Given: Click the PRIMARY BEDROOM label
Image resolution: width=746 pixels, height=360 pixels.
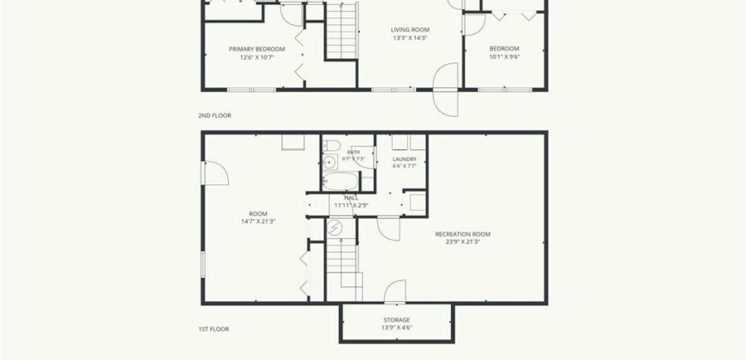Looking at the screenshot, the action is pyautogui.click(x=257, y=49).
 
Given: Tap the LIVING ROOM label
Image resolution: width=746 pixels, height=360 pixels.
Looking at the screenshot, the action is pyautogui.click(x=410, y=29).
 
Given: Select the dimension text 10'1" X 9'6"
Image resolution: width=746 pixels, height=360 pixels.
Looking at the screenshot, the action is pyautogui.click(x=504, y=57).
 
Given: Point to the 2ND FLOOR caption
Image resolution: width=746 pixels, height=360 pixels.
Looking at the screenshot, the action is pyautogui.click(x=214, y=116).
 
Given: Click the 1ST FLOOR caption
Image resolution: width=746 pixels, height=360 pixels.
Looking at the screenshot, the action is pyautogui.click(x=214, y=329).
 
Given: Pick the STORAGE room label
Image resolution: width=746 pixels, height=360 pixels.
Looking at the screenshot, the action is pyautogui.click(x=397, y=320).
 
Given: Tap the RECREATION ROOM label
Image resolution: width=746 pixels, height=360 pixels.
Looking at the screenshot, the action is pyautogui.click(x=463, y=234).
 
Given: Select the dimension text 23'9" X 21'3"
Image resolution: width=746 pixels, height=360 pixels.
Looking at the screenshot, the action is pyautogui.click(x=463, y=242).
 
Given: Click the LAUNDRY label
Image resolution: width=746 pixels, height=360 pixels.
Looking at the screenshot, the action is pyautogui.click(x=405, y=159).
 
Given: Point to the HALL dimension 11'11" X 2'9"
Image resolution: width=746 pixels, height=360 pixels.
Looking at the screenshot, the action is pyautogui.click(x=352, y=206).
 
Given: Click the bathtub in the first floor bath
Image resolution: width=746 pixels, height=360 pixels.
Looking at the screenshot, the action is pyautogui.click(x=340, y=181).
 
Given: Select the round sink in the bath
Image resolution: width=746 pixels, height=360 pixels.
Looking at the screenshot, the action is pyautogui.click(x=329, y=163).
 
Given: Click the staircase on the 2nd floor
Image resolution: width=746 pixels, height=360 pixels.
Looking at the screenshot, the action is pyautogui.click(x=341, y=31).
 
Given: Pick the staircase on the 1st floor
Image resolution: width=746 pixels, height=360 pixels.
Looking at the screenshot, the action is pyautogui.click(x=344, y=269).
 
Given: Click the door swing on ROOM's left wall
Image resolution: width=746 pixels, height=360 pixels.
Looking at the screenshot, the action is pyautogui.click(x=216, y=173).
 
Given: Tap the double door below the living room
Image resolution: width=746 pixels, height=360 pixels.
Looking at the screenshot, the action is pyautogui.click(x=446, y=89).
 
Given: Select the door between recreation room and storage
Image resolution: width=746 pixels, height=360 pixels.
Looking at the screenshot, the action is pyautogui.click(x=395, y=291).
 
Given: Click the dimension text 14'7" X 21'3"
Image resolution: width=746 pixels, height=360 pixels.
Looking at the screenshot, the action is pyautogui.click(x=258, y=221).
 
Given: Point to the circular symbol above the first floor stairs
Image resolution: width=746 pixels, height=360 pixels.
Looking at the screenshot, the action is pyautogui.click(x=335, y=228).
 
